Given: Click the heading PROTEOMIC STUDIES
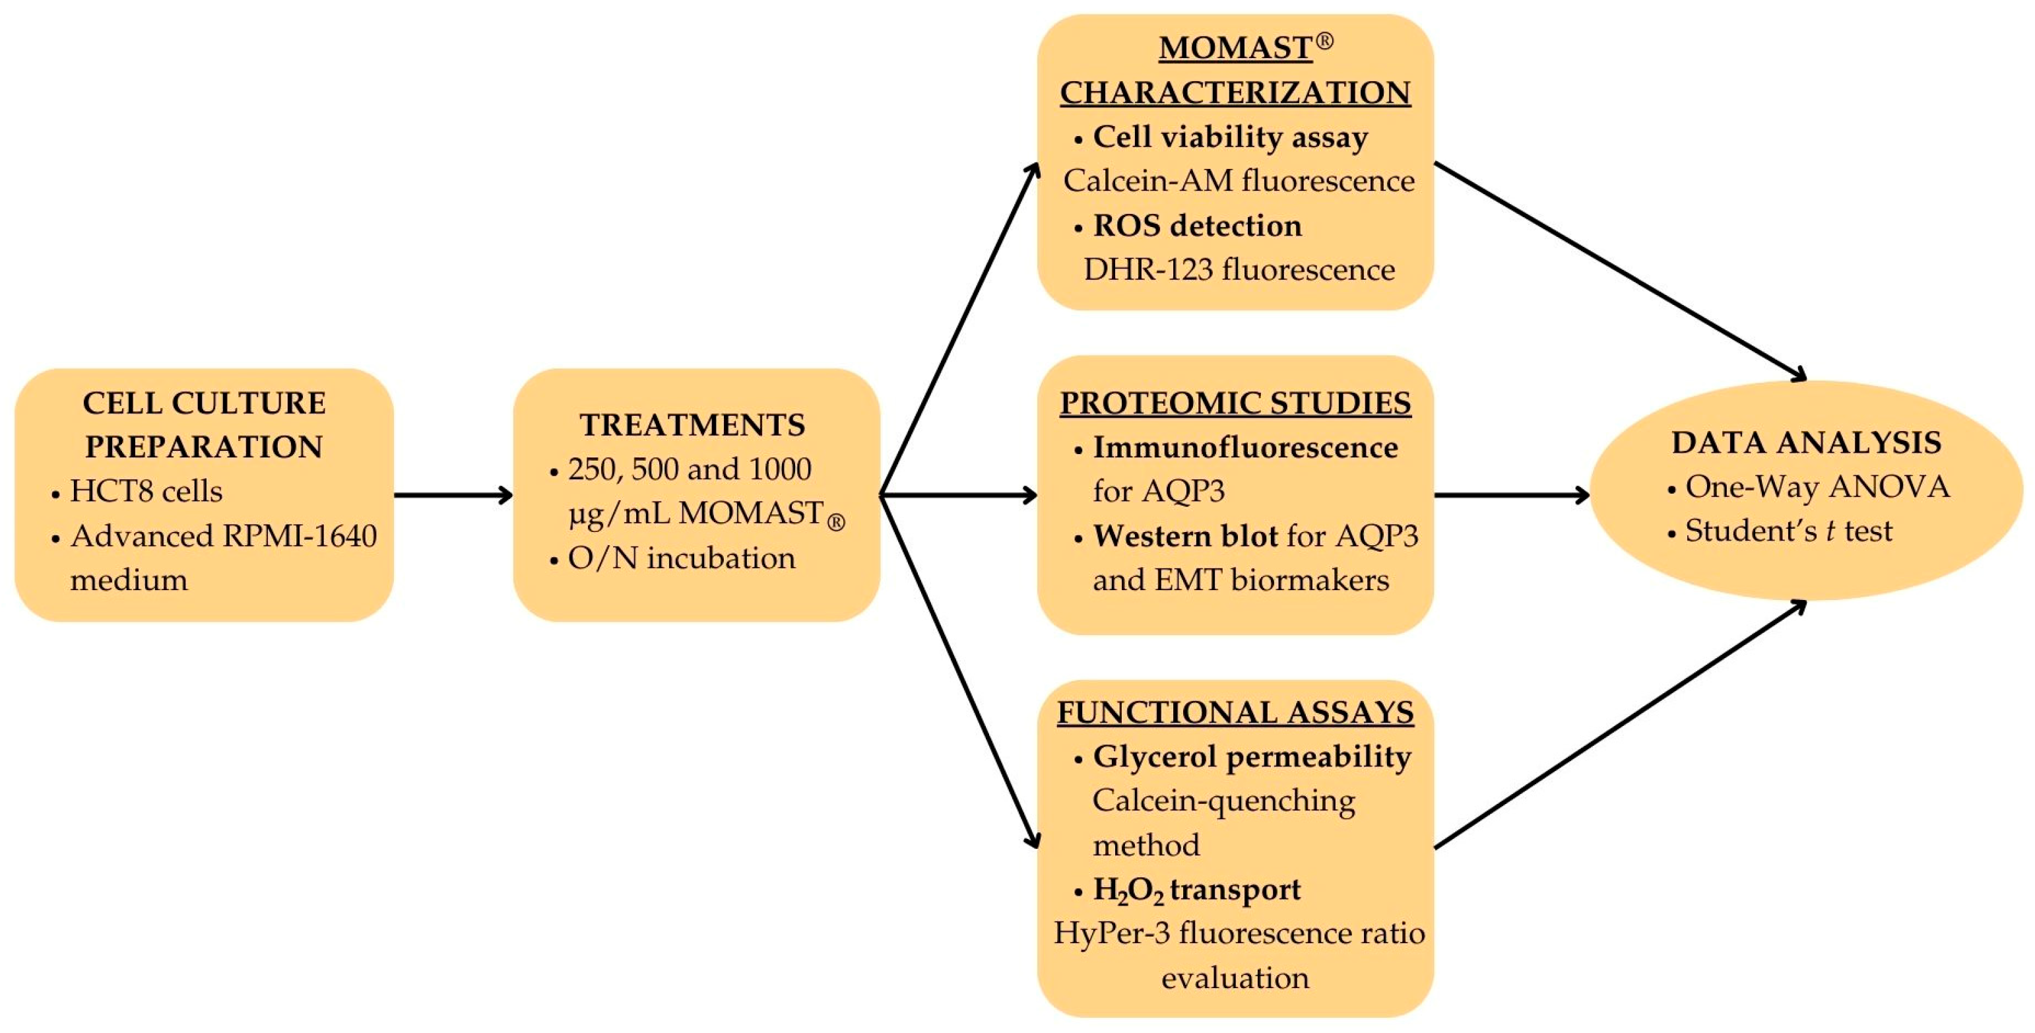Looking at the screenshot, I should [x=1235, y=403].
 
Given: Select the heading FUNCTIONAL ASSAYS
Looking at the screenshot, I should [x=1235, y=712].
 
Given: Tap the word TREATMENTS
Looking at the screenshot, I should [x=692, y=425].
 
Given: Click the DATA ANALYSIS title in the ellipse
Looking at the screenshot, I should [x=1806, y=443].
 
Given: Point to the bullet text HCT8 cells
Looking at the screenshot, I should [x=146, y=492].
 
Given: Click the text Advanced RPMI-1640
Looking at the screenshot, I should [x=224, y=536].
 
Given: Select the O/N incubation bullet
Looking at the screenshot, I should [x=681, y=558].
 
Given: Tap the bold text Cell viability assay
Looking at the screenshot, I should [x=1230, y=137].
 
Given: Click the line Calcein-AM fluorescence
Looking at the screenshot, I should [x=1238, y=181].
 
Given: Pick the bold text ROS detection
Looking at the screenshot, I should [x=1197, y=226].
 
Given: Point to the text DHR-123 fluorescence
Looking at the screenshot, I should [x=1238, y=269].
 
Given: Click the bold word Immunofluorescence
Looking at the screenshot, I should [x=1245, y=448].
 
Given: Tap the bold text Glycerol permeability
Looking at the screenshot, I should [x=1251, y=756].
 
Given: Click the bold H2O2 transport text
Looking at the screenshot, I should [x=1196, y=890].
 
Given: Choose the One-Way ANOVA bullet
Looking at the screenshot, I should [x=1817, y=487].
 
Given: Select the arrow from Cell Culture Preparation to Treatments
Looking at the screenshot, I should [x=453, y=496].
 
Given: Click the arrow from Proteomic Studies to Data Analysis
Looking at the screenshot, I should [x=1510, y=496].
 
